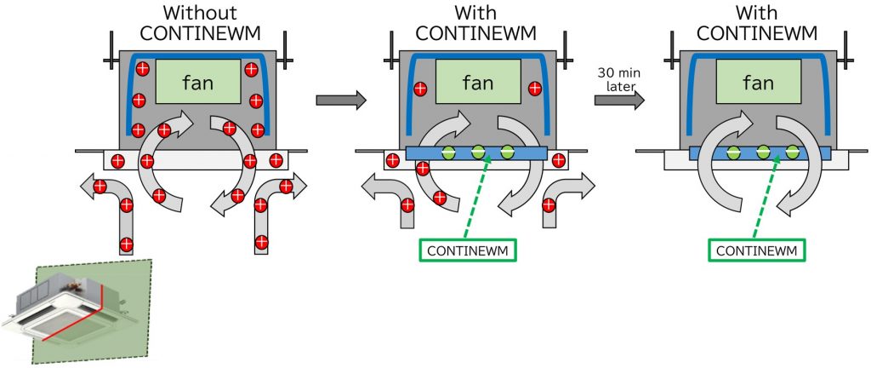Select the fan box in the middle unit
tap(476, 83)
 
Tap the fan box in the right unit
tap(757, 83)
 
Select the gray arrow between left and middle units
tap(340, 101)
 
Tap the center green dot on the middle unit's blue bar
tap(479, 152)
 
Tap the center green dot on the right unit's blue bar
tap(763, 152)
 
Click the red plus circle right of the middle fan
tap(534, 88)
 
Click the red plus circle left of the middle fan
tap(419, 88)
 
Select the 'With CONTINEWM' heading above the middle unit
tap(476, 24)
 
